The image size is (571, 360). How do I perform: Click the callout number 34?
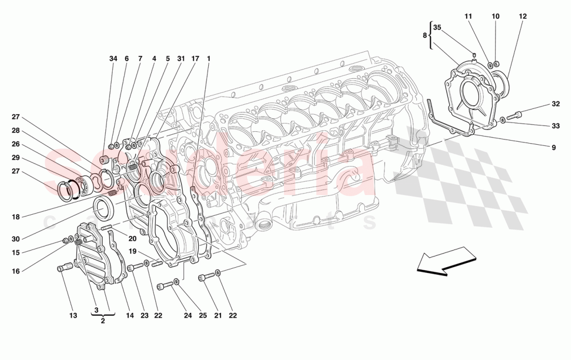pyautogui.click(x=113, y=59)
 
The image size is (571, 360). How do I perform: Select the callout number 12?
pyautogui.click(x=522, y=17)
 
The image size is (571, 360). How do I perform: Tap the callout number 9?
pyautogui.click(x=553, y=147)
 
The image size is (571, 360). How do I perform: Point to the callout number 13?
pyautogui.click(x=73, y=315)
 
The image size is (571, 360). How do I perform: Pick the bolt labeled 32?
pyautogui.click(x=521, y=115)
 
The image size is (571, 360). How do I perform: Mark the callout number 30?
pyautogui.click(x=16, y=239)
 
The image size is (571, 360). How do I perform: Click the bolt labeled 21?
pyautogui.click(x=203, y=280)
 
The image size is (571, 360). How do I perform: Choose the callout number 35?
pyautogui.click(x=437, y=27)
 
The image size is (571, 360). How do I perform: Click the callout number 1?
pyautogui.click(x=209, y=59)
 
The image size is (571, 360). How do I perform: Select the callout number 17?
pyautogui.click(x=195, y=59)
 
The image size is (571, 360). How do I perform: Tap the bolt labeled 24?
pyautogui.click(x=167, y=285)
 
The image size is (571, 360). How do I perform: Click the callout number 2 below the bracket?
pyautogui.click(x=103, y=321)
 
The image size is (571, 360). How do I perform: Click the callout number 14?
pyautogui.click(x=129, y=315)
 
